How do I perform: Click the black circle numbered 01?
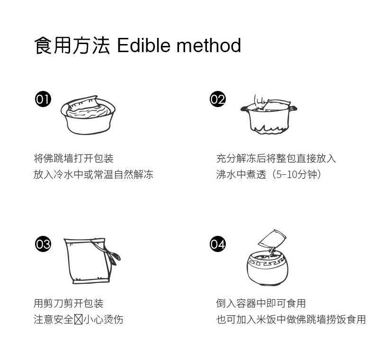point(43,99)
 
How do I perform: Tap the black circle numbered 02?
point(218,99)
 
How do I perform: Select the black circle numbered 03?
point(43,244)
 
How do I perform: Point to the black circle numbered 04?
point(218,244)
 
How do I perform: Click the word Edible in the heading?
point(144,45)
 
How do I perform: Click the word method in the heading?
point(209,45)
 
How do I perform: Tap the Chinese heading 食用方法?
point(72,45)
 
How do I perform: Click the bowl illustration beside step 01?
point(88,115)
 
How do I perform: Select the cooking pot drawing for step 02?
point(269,115)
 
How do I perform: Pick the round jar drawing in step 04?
point(267,268)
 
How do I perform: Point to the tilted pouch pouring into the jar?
point(272,239)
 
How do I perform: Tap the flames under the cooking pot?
point(269,129)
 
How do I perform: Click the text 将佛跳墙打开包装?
point(73,159)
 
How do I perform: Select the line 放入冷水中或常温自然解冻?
point(93,174)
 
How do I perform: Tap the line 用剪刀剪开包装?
point(69,304)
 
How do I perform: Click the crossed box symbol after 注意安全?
point(78,319)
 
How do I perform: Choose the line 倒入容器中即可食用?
point(261,304)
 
